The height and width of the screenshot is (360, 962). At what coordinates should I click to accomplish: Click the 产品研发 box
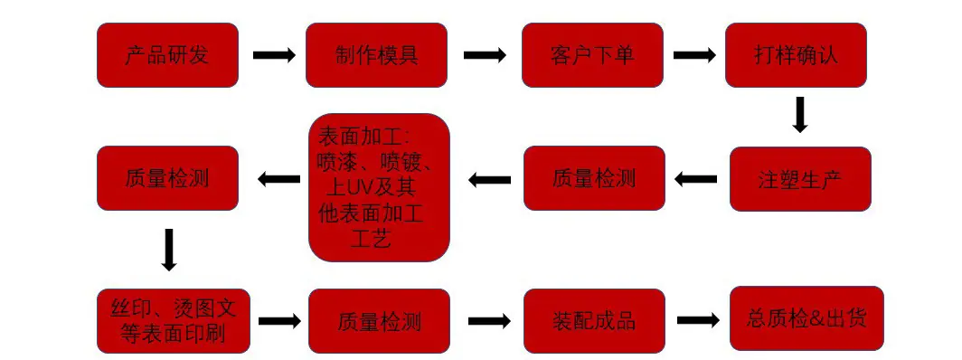pyautogui.click(x=167, y=55)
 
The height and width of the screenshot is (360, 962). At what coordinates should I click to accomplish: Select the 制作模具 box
pyautogui.click(x=377, y=55)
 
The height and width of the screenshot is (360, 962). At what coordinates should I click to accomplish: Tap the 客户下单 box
pyautogui.click(x=593, y=55)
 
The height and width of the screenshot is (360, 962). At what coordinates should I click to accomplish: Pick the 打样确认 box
pyautogui.click(x=796, y=55)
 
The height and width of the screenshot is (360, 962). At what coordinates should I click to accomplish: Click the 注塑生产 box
pyautogui.click(x=800, y=179)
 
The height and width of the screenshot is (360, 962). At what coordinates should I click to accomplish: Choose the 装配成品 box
pyautogui.click(x=594, y=321)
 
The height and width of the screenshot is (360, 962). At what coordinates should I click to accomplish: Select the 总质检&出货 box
pyautogui.click(x=806, y=318)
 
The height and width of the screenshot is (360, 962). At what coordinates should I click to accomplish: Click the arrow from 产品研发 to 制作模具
pyautogui.click(x=274, y=55)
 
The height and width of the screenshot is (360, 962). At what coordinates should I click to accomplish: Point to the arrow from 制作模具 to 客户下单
pyautogui.click(x=485, y=55)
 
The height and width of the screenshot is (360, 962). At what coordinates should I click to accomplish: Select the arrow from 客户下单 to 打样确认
pyautogui.click(x=694, y=55)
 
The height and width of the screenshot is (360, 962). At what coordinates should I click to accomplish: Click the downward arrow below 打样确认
pyautogui.click(x=799, y=115)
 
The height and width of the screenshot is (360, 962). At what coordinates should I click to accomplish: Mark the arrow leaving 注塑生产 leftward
pyautogui.click(x=696, y=179)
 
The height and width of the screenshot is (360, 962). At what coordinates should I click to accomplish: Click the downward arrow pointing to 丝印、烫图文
pyautogui.click(x=169, y=250)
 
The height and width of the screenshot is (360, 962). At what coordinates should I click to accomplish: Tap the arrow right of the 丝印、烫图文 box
pyautogui.click(x=279, y=320)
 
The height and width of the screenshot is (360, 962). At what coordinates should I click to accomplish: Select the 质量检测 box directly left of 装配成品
pyautogui.click(x=379, y=321)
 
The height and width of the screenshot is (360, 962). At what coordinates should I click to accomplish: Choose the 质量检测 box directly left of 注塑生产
pyautogui.click(x=594, y=178)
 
